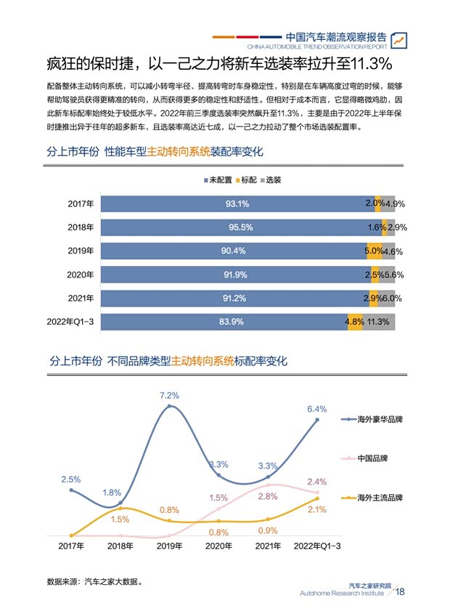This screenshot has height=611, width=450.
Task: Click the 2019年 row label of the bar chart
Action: pyautogui.click(x=81, y=251)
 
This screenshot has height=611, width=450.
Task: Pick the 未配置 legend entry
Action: pyautogui.click(x=216, y=179)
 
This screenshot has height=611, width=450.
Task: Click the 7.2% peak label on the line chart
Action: pyautogui.click(x=169, y=396)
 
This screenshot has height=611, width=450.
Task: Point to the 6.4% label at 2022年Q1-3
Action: pyautogui.click(x=317, y=409)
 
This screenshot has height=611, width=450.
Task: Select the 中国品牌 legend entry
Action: pyautogui.click(x=372, y=459)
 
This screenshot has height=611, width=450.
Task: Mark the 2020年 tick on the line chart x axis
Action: pyautogui.click(x=218, y=546)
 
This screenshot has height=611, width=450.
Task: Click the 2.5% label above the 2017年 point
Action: pyautogui.click(x=71, y=480)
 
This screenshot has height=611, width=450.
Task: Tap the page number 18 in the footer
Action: pyautogui.click(x=400, y=592)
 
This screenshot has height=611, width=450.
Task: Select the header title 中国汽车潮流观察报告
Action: pyautogui.click(x=335, y=36)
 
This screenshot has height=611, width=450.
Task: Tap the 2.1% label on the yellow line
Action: pyautogui.click(x=316, y=510)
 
